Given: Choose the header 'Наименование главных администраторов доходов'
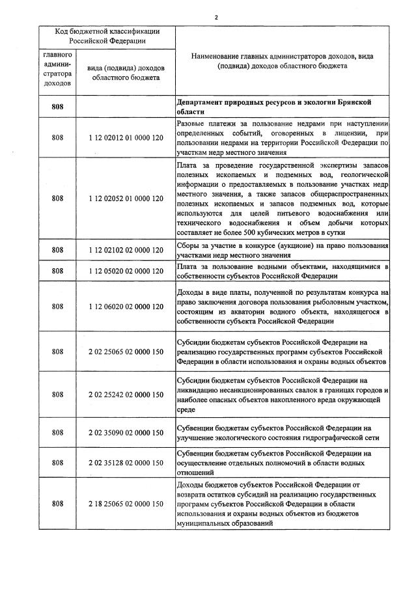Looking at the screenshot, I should tap(283, 61).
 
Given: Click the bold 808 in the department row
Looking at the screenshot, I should tap(57, 107).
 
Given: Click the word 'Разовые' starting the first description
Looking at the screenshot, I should tap(192, 124).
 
